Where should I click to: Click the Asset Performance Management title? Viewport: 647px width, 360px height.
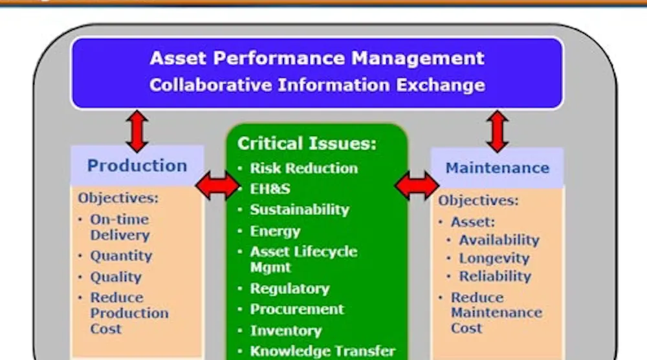pos(317,58)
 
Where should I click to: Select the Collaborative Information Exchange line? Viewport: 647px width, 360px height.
pos(317,85)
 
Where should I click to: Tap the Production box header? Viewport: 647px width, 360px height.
pos(137,165)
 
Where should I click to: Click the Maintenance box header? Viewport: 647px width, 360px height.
pos(497,168)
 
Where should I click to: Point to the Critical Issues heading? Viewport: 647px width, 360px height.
pos(307,143)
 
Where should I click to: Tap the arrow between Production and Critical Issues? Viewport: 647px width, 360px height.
pos(217,186)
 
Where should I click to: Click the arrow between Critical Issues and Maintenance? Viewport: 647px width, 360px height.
pos(417,186)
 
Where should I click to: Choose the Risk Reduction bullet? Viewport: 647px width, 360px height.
pos(303,168)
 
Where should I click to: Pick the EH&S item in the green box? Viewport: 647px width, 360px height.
pos(270,189)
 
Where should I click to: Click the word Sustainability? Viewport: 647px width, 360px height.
pos(300,210)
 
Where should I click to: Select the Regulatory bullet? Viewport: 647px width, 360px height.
pos(289,288)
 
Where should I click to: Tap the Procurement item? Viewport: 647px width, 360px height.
pos(297,309)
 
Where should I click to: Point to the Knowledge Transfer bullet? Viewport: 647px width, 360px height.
pos(322,352)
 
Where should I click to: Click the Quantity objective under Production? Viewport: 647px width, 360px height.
pos(121,256)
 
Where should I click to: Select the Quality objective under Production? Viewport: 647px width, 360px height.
pos(116,276)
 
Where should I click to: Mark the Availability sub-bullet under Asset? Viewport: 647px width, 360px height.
pos(499,240)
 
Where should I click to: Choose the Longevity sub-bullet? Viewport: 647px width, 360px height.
pos(494,258)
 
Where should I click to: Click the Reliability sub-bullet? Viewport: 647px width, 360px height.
pos(495,276)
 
